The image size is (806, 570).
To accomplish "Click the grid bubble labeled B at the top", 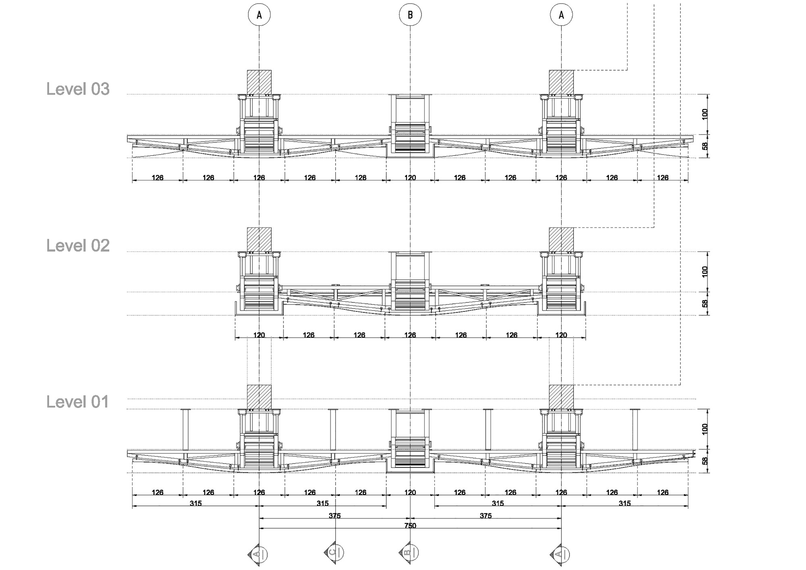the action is [410, 15].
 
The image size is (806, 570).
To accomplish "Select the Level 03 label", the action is [78, 89].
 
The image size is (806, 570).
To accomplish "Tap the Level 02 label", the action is [78, 246].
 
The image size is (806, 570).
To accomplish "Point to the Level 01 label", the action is [77, 402].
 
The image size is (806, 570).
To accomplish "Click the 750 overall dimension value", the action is [410, 526].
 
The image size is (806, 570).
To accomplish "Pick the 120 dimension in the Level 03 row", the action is [410, 177].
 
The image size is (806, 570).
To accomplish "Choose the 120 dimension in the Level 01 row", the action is [410, 492].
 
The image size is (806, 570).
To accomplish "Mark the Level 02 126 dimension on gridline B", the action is [410, 335].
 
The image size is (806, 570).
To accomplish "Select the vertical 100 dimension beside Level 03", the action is [705, 114].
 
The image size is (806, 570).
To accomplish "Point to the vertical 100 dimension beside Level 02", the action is [705, 271].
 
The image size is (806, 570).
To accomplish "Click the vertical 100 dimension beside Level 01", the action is [705, 428].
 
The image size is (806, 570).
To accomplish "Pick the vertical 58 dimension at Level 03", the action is [705, 146].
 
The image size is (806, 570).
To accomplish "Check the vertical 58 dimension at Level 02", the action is [705, 303].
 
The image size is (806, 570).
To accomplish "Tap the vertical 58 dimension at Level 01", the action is [705, 461].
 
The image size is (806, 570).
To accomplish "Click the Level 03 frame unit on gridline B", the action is [410, 126].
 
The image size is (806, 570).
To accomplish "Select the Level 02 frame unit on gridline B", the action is [410, 283].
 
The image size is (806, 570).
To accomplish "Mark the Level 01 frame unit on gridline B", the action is [410, 441].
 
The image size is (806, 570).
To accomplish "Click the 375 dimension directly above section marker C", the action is [334, 516].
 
